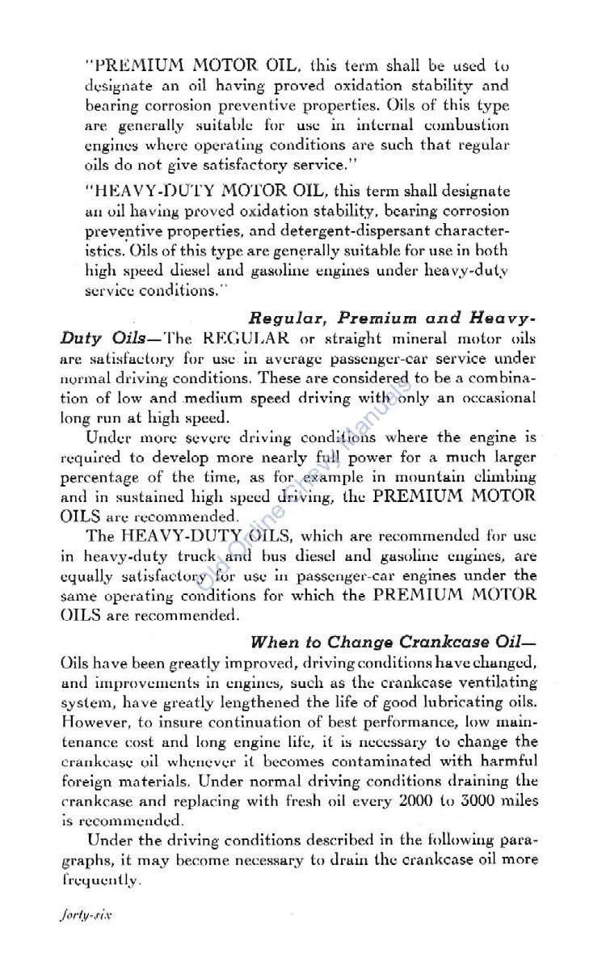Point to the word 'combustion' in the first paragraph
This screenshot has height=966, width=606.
pyautogui.click(x=468, y=125)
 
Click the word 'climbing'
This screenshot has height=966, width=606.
pyautogui.click(x=507, y=477)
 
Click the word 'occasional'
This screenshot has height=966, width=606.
pyautogui.click(x=494, y=398)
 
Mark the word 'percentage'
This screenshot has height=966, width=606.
pyautogui.click(x=99, y=477)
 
